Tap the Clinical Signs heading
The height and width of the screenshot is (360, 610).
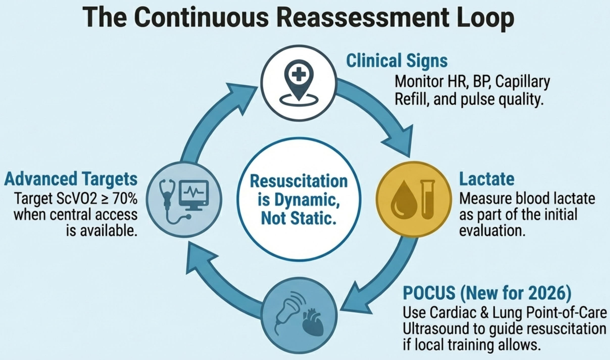click(x=397, y=61)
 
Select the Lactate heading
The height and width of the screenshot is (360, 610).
click(x=486, y=179)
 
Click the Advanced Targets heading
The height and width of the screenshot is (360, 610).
click(x=71, y=179)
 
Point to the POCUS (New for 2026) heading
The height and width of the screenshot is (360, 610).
click(x=487, y=293)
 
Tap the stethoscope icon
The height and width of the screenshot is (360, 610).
click(x=168, y=200)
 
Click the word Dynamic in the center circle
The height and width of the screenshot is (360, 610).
click(x=307, y=200)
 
